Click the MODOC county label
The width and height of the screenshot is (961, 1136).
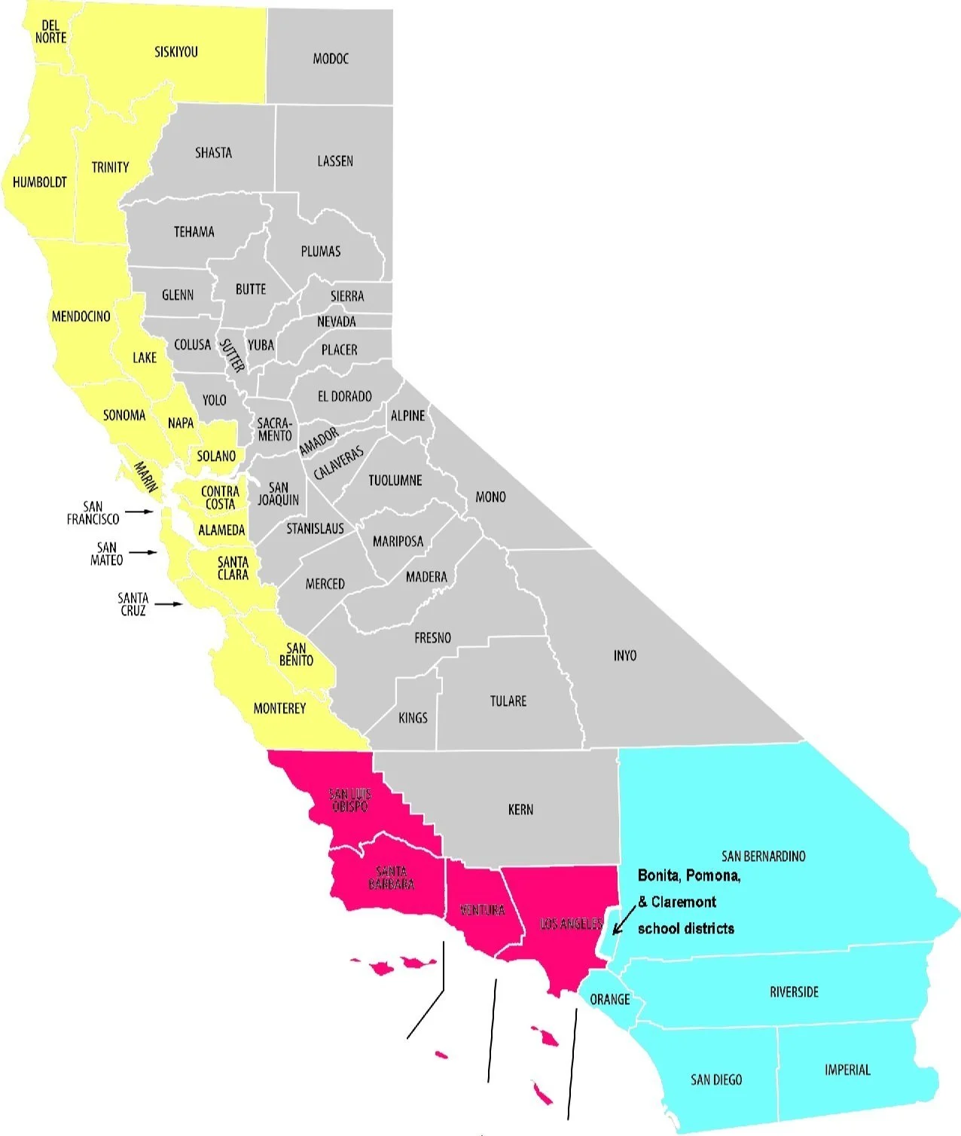click(x=331, y=59)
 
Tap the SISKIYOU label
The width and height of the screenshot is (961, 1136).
click(x=176, y=52)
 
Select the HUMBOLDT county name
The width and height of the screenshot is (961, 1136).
click(x=40, y=182)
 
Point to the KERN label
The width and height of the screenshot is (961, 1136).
click(x=520, y=810)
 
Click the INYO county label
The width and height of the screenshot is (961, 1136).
click(x=625, y=655)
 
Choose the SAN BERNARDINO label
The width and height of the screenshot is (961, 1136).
click(x=763, y=856)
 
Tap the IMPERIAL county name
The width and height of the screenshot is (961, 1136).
click(x=847, y=1070)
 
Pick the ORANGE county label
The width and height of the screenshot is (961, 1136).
click(x=609, y=999)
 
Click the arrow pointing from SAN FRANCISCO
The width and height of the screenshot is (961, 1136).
click(x=139, y=512)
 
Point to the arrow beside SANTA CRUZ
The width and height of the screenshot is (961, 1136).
click(x=169, y=604)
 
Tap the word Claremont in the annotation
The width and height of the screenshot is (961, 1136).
click(x=683, y=902)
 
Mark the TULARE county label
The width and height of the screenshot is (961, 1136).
click(x=508, y=701)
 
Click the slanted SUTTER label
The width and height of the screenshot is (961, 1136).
click(x=232, y=356)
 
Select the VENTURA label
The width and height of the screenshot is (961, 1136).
click(x=482, y=910)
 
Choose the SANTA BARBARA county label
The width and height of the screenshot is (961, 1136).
click(x=392, y=878)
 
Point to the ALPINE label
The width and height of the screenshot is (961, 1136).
click(x=407, y=416)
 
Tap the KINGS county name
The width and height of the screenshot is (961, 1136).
click(x=413, y=718)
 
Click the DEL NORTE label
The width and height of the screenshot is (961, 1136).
click(x=50, y=32)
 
